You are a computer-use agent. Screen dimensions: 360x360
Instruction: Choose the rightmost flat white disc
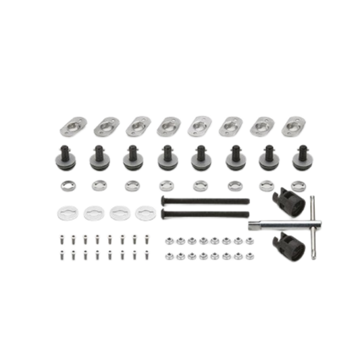(143, 213)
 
